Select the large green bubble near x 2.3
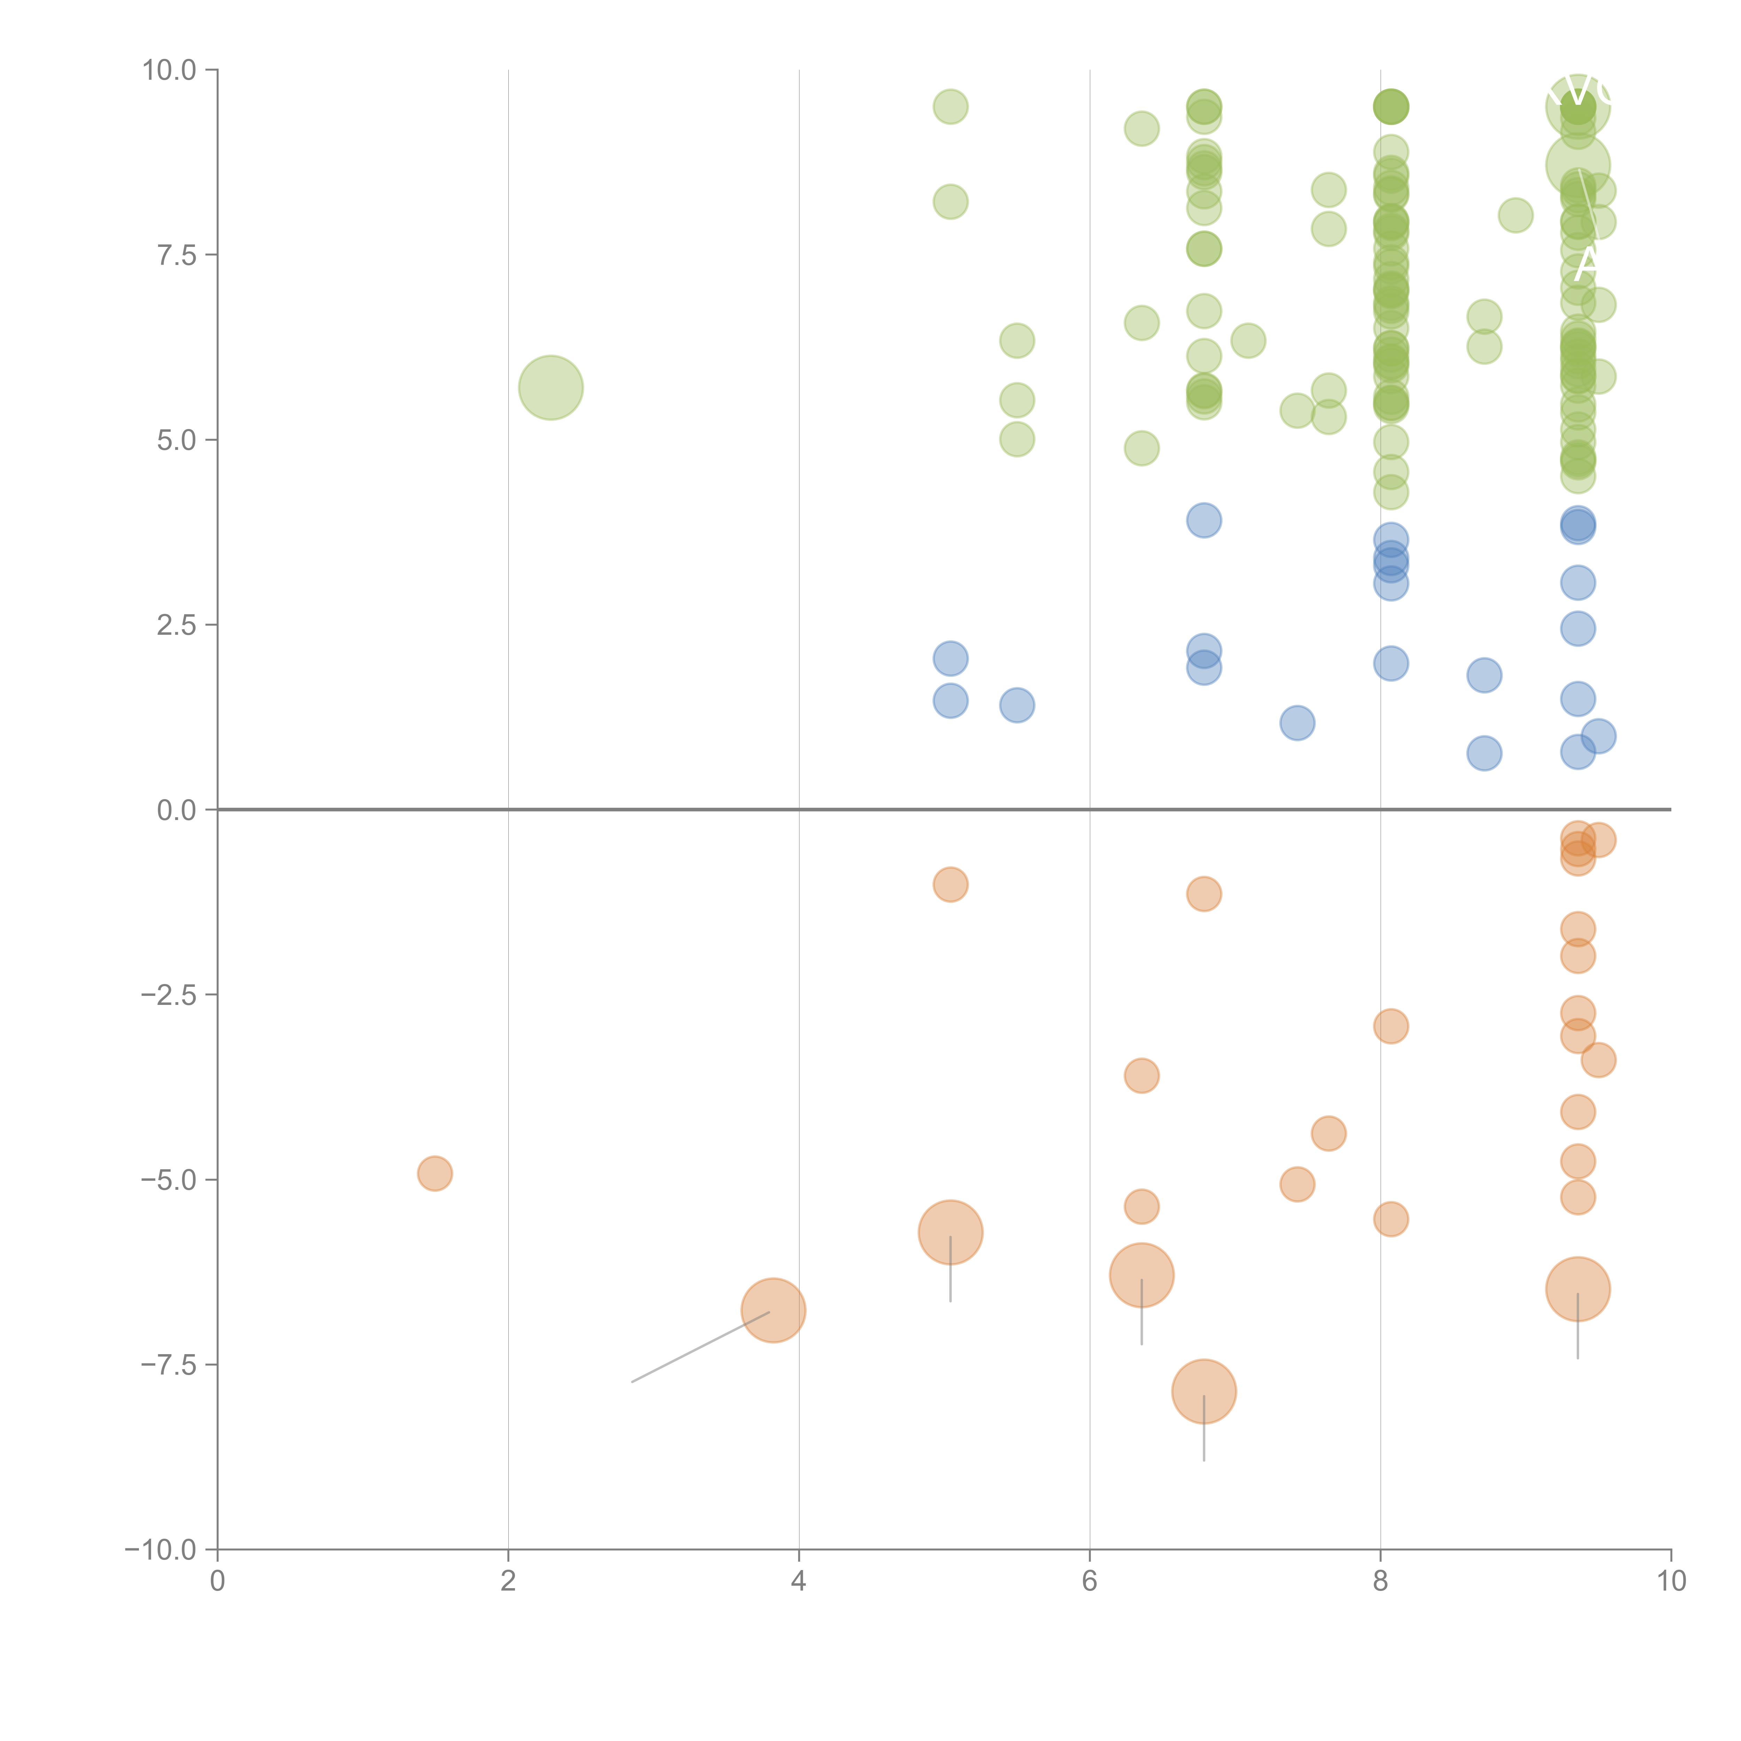coord(551,388)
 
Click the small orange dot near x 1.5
coord(434,1173)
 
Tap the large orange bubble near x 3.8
coord(773,1310)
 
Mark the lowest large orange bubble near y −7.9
coord(1204,1391)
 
